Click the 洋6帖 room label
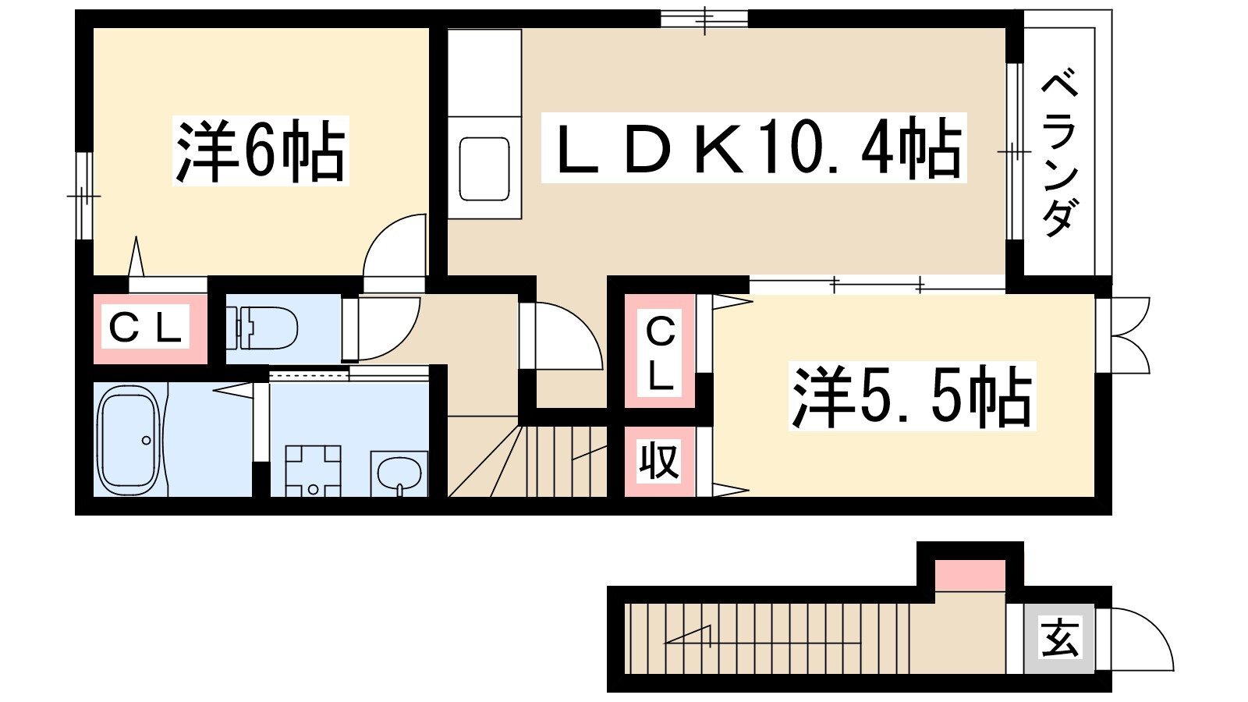[261, 151]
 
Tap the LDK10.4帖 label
[753, 147]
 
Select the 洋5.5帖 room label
[912, 396]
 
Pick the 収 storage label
[659, 461]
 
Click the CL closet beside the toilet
[146, 328]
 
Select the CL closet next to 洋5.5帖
[660, 351]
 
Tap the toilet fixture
[262, 328]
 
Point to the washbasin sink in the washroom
[399, 473]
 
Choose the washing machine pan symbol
[313, 471]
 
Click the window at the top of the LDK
[704, 19]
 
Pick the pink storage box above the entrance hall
[970, 576]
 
